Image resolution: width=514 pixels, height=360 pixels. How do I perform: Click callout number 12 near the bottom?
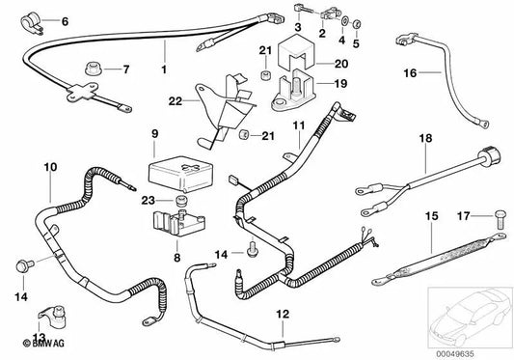[x=282, y=315]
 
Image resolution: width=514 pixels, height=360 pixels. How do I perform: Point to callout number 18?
[x=421, y=139]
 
